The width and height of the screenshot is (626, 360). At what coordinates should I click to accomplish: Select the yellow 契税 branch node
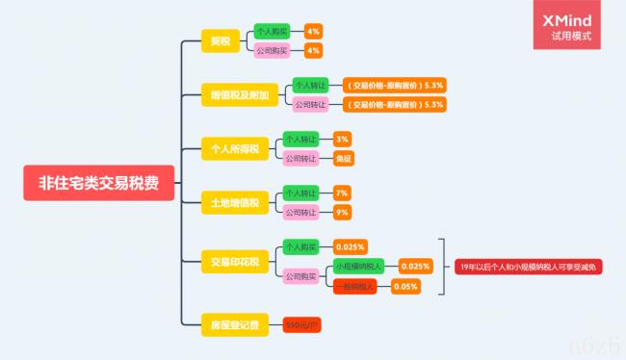pos(221,40)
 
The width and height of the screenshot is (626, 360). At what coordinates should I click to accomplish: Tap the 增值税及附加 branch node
pos(240,94)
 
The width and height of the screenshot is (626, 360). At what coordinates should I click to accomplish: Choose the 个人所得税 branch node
pos(235,148)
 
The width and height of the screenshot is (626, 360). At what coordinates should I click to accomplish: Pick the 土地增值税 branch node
pos(235,203)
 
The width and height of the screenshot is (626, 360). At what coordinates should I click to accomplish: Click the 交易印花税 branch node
pos(235,260)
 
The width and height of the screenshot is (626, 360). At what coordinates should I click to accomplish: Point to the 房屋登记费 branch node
pos(235,324)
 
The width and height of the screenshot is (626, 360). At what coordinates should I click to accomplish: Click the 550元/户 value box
pos(301,325)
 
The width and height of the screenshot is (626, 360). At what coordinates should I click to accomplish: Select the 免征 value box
pos(342,158)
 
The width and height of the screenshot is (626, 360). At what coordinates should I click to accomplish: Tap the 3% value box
pos(342,140)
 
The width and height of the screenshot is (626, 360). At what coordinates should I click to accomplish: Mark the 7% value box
pos(342,193)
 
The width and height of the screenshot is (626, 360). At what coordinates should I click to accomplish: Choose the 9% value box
pos(342,212)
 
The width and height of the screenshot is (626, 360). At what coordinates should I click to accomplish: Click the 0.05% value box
pos(406,286)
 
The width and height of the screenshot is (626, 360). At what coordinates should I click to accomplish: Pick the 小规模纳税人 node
pos(358,266)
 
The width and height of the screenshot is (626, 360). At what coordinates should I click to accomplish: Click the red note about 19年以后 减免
pos(529,266)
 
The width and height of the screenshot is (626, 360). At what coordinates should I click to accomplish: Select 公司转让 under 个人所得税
pos(300,158)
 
